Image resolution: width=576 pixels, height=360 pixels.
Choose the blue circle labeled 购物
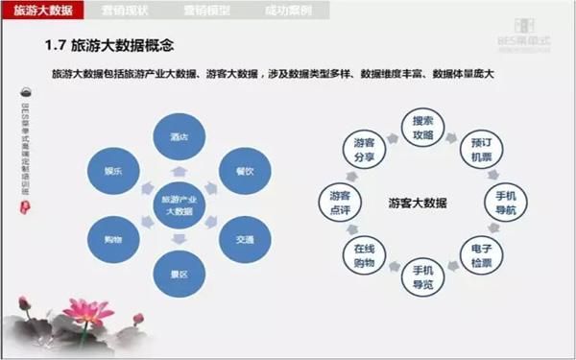click(112, 236)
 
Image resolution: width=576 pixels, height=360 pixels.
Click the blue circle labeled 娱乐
click(112, 170)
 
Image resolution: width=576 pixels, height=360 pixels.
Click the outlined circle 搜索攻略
click(422, 128)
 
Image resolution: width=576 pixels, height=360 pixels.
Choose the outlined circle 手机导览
click(422, 276)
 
